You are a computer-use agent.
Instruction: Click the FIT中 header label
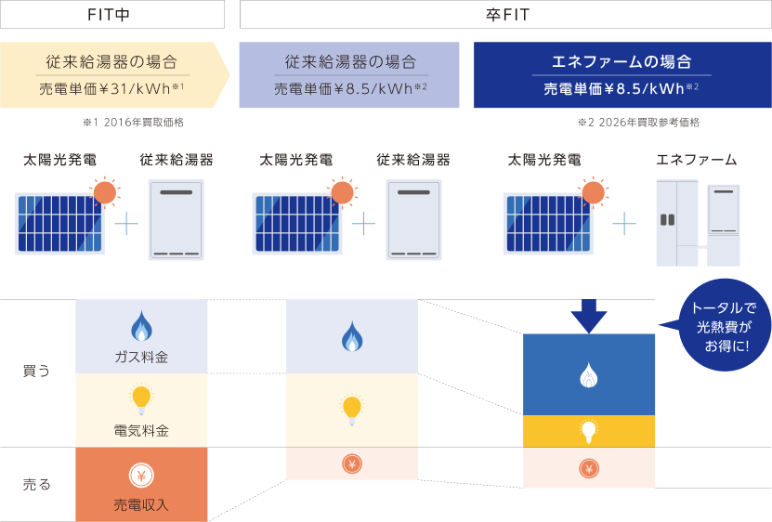click(x=111, y=14)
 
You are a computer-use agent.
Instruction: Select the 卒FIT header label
click(x=505, y=14)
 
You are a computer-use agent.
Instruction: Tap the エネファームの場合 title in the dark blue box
click(x=622, y=62)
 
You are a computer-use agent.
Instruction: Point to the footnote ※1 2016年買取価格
click(x=138, y=123)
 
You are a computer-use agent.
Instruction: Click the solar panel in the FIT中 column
click(x=60, y=223)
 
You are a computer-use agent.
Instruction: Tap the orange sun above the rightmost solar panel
click(x=590, y=192)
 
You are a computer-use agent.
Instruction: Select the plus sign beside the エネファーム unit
click(x=625, y=223)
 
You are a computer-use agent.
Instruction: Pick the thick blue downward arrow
click(x=587, y=316)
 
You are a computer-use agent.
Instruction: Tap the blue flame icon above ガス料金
click(x=141, y=328)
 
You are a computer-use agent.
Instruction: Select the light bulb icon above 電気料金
click(x=141, y=398)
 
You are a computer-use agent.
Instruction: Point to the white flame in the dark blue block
click(x=588, y=373)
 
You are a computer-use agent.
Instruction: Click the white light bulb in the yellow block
click(x=588, y=430)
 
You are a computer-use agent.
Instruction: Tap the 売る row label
click(x=36, y=484)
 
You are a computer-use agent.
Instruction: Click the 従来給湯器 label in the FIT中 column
click(x=177, y=161)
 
